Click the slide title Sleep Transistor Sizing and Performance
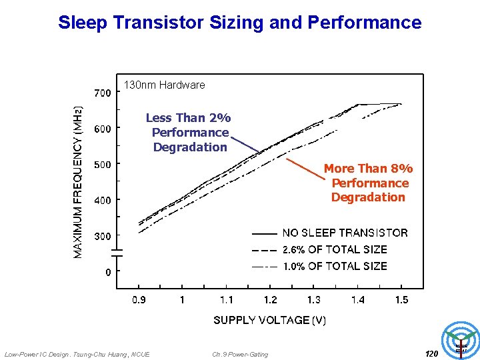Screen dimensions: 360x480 [x=240, y=23]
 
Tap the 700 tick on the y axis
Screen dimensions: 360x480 [x=102, y=93]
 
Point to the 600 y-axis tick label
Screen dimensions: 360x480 [x=102, y=128]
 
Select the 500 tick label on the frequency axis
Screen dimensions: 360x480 [x=102, y=164]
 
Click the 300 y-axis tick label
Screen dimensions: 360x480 [x=102, y=236]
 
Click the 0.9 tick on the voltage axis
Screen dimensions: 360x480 [x=138, y=300]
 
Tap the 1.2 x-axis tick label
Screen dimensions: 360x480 [x=270, y=300]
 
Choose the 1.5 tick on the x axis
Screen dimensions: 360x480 [x=401, y=300]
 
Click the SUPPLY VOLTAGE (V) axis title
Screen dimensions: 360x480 [x=269, y=321]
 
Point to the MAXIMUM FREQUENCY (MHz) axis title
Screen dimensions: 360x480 [x=79, y=182]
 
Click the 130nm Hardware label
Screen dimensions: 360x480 [x=165, y=85]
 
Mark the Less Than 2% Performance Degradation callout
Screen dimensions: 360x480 [x=189, y=132]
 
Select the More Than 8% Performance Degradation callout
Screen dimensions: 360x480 [x=369, y=183]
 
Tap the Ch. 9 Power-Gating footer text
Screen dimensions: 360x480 [x=240, y=354]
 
